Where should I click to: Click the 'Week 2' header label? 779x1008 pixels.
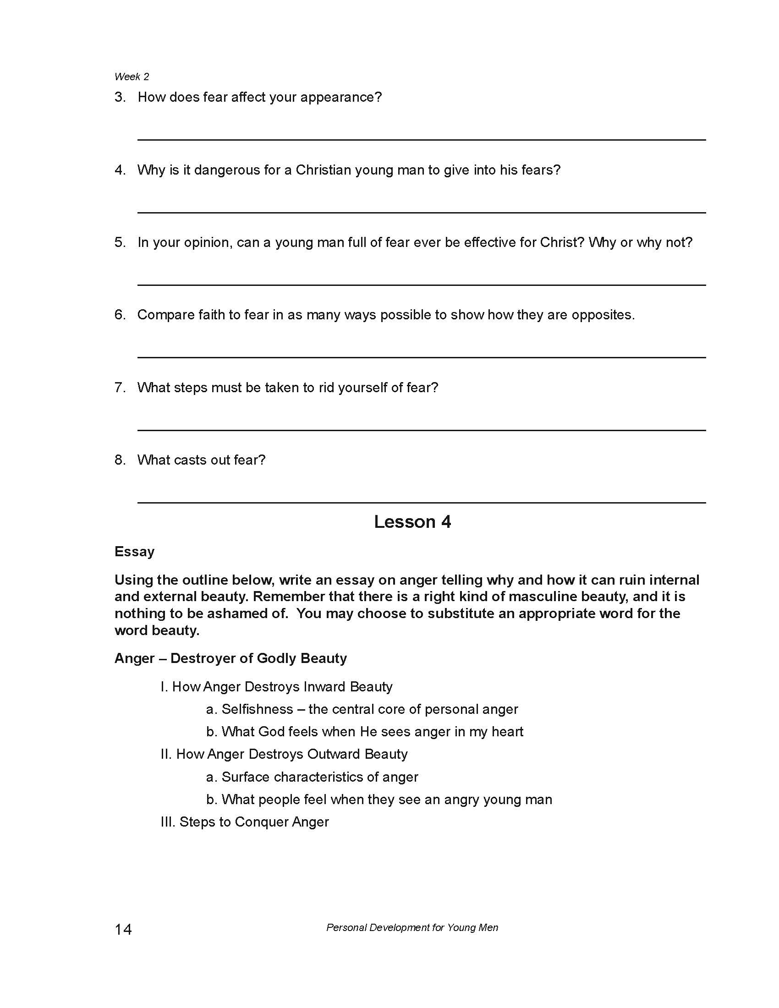(x=132, y=77)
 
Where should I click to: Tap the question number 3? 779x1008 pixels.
(x=120, y=98)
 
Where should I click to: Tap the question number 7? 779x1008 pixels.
(x=120, y=388)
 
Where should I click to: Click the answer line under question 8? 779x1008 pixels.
(x=421, y=503)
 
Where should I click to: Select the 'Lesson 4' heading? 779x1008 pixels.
(x=412, y=522)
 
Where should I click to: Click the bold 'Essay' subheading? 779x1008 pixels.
(x=134, y=552)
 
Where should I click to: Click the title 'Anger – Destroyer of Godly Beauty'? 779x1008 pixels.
(x=230, y=658)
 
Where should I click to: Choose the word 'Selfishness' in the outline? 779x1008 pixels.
(x=257, y=709)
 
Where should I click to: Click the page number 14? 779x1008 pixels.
(x=123, y=929)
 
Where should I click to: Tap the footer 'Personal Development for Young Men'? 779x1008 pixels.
(x=412, y=928)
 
